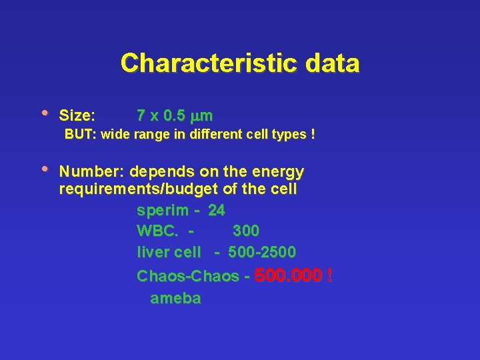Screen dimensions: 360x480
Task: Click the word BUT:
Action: [80, 135]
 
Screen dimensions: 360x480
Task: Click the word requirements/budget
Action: [139, 189]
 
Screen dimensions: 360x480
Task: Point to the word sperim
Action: [163, 211]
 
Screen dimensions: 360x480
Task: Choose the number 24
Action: [217, 211]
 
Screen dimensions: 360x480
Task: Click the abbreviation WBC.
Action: [157, 231]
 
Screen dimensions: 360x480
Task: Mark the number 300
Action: [246, 231]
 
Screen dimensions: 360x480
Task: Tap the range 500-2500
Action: [262, 253]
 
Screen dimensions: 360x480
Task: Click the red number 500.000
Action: [288, 275]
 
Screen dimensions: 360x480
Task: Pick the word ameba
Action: [175, 299]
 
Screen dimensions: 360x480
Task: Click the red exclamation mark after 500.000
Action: [329, 275]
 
